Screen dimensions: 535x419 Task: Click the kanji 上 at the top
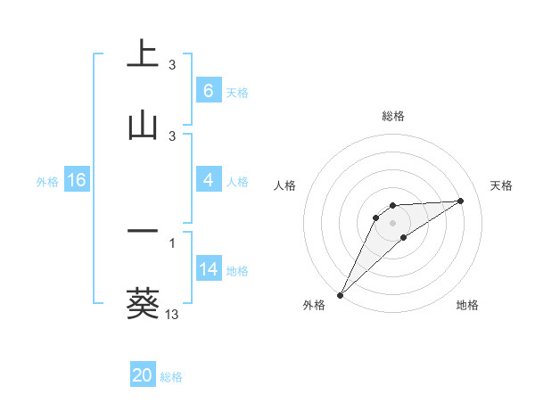click(143, 53)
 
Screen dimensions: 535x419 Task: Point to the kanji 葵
click(143, 303)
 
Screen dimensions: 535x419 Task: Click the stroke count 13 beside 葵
click(172, 314)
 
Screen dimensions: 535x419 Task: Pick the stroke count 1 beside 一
click(172, 242)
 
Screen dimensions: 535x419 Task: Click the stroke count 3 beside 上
click(172, 65)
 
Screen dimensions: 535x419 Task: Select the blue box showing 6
click(208, 91)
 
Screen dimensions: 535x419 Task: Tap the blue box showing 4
click(208, 180)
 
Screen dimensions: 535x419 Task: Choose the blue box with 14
click(208, 269)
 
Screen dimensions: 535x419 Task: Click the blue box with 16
click(76, 180)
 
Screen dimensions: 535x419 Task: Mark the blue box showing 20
click(143, 376)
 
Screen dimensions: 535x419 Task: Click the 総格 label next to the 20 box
click(171, 377)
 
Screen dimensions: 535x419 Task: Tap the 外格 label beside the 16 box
click(47, 181)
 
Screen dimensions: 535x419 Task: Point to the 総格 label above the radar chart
click(393, 117)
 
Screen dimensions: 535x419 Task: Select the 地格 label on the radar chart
click(467, 306)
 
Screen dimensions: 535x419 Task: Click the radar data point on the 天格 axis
click(461, 201)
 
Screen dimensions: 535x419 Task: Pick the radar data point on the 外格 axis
click(340, 295)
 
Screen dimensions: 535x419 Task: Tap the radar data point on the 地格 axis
click(404, 237)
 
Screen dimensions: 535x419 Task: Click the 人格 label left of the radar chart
click(286, 185)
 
